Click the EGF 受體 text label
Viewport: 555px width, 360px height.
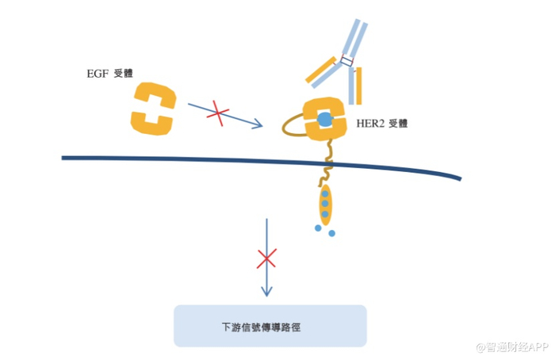110,73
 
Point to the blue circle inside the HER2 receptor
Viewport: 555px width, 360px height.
323,120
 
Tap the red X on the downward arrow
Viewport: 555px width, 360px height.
267,259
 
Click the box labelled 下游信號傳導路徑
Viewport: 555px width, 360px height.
270,325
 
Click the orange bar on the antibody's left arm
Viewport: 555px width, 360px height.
321,71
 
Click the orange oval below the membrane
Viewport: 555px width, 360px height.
324,204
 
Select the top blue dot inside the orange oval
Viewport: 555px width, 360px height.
324,193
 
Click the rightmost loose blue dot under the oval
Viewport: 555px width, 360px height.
331,233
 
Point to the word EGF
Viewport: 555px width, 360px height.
96,73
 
